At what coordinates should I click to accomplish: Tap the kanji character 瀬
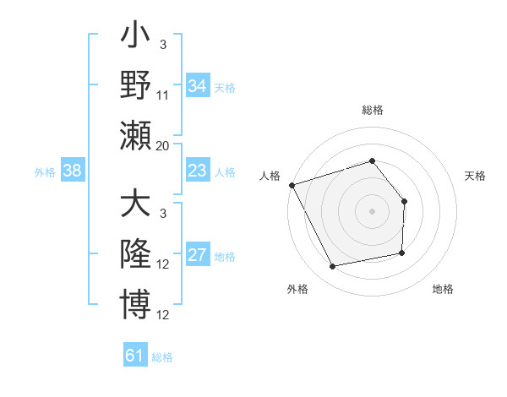[x=136, y=135]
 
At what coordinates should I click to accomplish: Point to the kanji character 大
[x=136, y=206]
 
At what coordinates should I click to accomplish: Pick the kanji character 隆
[x=136, y=254]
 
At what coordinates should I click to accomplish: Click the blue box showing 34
[x=197, y=86]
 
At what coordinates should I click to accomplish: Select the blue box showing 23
[x=197, y=171]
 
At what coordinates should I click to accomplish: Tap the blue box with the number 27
[x=197, y=256]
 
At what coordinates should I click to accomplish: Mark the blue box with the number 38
[x=73, y=171]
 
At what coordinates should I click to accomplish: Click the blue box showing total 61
[x=135, y=356]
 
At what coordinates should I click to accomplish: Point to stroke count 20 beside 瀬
[x=162, y=146]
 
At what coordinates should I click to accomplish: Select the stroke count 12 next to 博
[x=163, y=315]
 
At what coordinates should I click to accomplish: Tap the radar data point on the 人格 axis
[x=292, y=185]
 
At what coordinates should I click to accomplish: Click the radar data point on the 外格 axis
[x=333, y=267]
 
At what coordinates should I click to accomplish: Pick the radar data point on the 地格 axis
[x=402, y=253]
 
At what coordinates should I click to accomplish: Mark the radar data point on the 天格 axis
[x=404, y=202]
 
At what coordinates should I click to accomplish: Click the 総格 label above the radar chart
[x=373, y=110]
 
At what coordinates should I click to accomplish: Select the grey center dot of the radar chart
[x=373, y=211]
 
